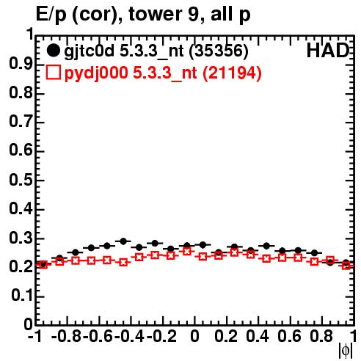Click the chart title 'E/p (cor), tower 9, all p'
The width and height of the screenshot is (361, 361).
[x=143, y=14]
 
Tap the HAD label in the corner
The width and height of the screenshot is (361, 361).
[x=328, y=51]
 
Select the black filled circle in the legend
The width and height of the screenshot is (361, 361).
[x=53, y=51]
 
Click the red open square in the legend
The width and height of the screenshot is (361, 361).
[x=53, y=73]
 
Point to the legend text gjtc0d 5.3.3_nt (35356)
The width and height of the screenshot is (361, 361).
[x=156, y=51]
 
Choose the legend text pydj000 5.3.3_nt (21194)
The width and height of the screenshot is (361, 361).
[x=163, y=73]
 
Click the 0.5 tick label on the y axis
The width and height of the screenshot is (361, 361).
[x=21, y=180]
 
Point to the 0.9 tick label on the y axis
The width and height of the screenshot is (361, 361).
[x=21, y=64]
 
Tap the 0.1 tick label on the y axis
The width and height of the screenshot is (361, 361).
[x=22, y=296]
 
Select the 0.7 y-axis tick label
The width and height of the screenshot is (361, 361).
[x=21, y=122]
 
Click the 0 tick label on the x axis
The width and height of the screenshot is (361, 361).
[x=194, y=336]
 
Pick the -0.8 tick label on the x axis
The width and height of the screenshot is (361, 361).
[x=67, y=336]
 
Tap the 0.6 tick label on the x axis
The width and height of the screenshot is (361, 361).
[x=289, y=336]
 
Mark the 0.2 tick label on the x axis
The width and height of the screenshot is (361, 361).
[x=226, y=336]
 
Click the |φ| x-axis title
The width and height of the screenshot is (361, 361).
[x=346, y=351]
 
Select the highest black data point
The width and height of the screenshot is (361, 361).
[x=123, y=241]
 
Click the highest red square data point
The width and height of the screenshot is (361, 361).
[x=187, y=251]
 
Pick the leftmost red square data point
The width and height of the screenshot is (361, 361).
[x=43, y=264]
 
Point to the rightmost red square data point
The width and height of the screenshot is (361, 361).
[x=346, y=265]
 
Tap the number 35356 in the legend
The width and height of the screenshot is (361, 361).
[x=219, y=51]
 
